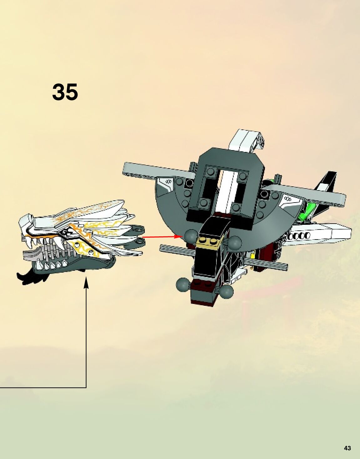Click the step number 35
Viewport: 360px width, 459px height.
[x=65, y=92]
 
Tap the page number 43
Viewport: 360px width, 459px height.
[x=347, y=448]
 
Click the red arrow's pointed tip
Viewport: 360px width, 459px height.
[x=182, y=236]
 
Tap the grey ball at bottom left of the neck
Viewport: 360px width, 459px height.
[x=183, y=284]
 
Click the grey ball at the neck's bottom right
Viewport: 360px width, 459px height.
[x=226, y=291]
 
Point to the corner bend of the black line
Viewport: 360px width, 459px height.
[x=86, y=388]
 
